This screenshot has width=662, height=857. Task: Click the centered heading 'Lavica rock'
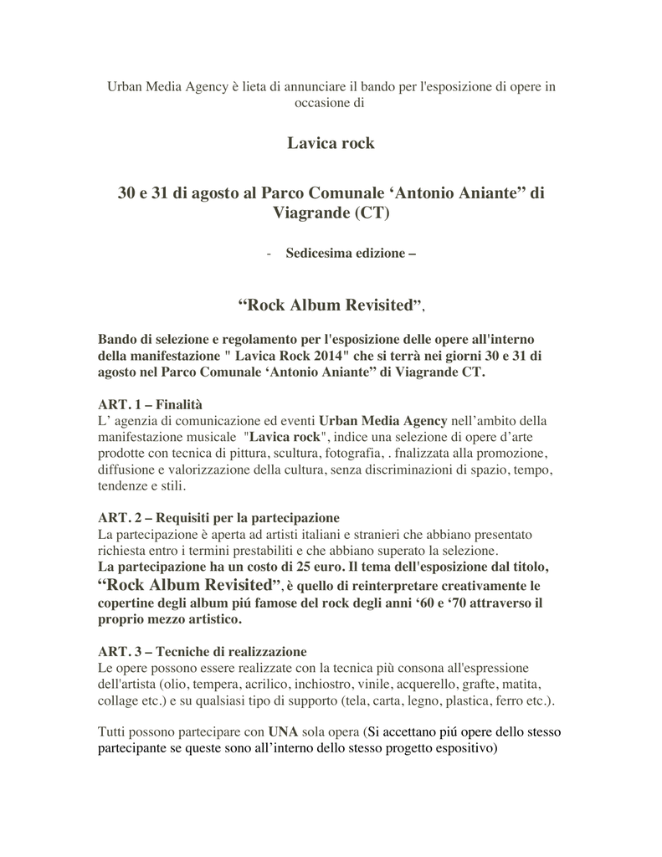pos(331,144)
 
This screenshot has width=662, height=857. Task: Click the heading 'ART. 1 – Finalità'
pos(151,403)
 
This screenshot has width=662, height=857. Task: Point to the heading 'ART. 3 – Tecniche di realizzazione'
pos(203,651)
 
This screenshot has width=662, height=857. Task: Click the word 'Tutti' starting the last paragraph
pos(112,731)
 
